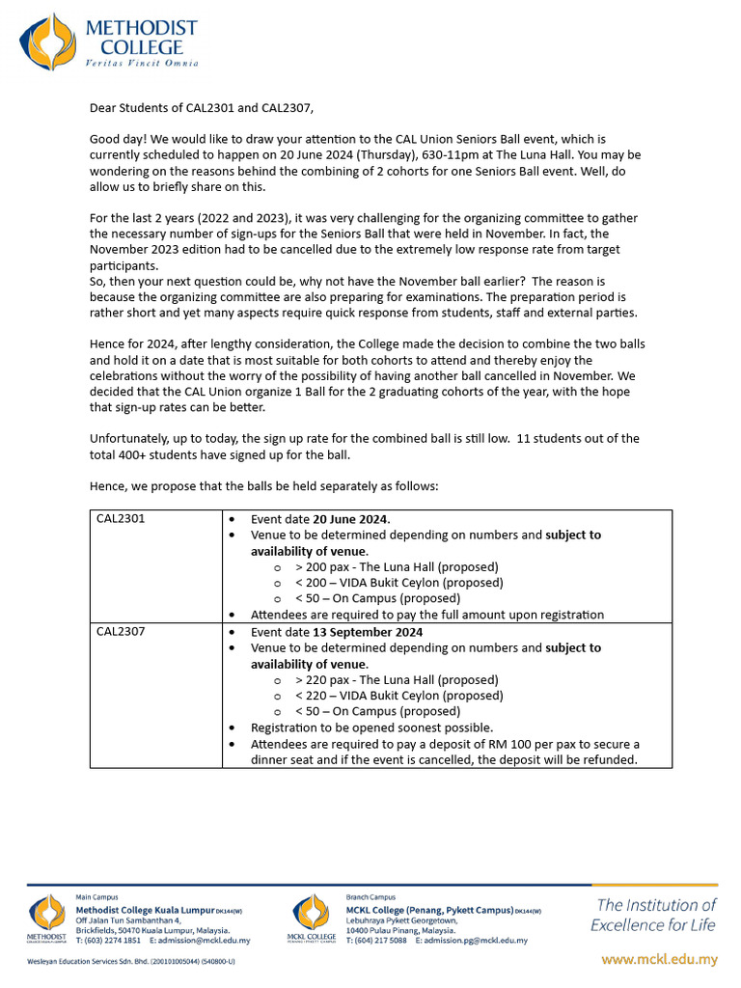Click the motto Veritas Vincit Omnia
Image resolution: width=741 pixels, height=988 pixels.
click(141, 63)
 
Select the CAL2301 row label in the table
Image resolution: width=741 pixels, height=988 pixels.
click(121, 518)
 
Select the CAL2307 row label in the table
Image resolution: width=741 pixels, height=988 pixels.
click(121, 631)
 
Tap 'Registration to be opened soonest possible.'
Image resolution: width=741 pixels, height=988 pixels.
click(371, 727)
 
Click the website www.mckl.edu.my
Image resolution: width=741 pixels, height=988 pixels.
click(659, 959)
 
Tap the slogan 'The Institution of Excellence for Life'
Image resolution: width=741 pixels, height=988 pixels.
click(653, 915)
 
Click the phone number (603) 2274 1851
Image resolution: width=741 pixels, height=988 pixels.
click(112, 940)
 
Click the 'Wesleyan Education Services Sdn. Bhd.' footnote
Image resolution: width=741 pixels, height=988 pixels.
click(129, 962)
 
